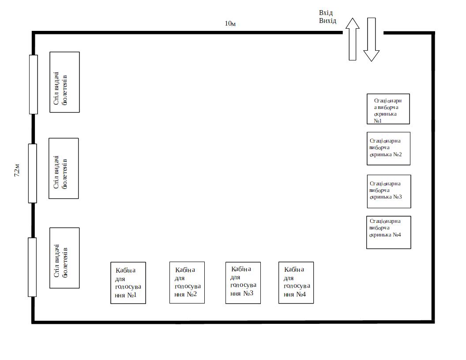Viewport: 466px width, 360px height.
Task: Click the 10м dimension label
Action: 230,23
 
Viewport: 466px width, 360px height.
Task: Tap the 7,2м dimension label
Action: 17,170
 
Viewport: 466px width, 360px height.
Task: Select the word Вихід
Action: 328,21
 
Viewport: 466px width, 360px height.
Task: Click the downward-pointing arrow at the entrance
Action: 372,39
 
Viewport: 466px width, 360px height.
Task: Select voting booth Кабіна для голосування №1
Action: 128,283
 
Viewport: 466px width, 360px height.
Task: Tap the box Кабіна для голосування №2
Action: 187,282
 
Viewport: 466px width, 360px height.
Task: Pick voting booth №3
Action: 243,283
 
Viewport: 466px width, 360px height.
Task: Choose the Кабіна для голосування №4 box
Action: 296,282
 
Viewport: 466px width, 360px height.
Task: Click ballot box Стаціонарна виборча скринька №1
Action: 388,109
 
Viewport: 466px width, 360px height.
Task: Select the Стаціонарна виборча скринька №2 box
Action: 388,148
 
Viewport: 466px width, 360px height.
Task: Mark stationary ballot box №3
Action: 389,191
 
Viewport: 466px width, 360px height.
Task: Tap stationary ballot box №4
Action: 388,232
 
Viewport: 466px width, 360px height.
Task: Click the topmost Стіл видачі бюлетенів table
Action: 64,82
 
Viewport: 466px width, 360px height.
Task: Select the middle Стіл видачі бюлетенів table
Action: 64,168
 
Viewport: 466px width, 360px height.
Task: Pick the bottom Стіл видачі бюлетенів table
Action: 64,258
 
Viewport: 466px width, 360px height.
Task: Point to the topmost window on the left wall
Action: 34,84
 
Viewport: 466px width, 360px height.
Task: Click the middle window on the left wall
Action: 33,173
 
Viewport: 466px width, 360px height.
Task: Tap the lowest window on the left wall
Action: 32,267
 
